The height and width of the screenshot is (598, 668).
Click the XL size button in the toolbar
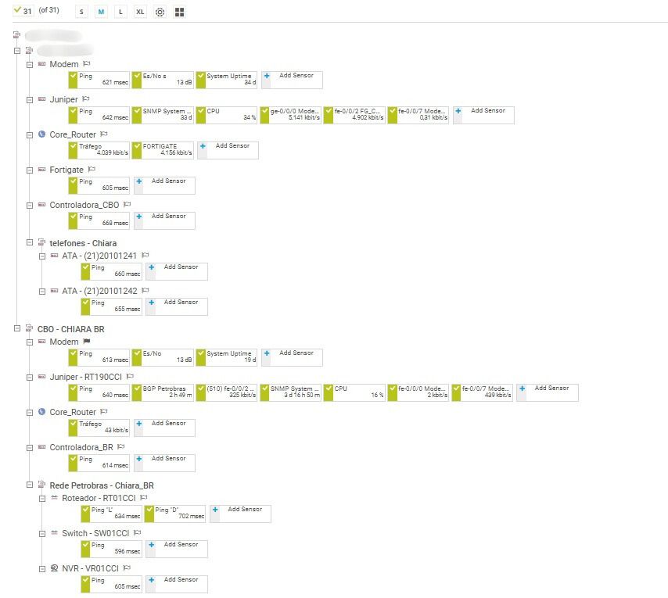140,13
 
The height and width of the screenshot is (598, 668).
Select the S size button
82,13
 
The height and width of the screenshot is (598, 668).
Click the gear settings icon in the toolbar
160,13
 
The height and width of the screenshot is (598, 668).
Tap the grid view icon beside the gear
179,13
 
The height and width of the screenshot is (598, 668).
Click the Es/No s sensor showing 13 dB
163,79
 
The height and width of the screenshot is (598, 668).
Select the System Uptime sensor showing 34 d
227,79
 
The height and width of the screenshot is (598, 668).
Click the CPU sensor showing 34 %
227,114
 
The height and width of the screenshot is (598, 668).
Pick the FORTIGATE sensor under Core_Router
163,149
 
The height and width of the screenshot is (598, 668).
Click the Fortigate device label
66,170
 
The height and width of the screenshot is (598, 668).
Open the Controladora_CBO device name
84,205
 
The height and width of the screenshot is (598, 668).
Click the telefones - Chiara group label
83,243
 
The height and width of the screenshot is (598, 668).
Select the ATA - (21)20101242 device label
99,291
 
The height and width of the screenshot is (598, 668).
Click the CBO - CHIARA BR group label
70,329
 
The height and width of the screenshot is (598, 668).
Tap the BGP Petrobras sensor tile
163,392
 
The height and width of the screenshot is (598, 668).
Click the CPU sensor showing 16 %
355,392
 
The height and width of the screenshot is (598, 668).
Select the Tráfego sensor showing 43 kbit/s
99,427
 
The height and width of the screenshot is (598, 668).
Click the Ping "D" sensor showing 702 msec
175,513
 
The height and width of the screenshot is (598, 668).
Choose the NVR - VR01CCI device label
90,568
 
